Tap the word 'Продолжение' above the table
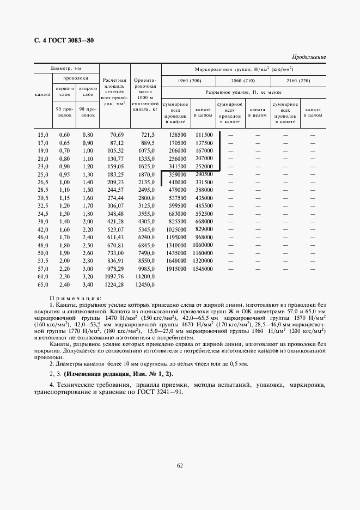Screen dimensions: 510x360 point(309,57)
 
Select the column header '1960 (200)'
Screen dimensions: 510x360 point(188,81)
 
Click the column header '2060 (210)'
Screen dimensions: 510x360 point(244,81)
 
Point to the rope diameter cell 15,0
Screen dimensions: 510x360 point(42,135)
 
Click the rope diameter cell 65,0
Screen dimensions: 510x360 point(42,284)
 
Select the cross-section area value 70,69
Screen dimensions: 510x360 point(117,135)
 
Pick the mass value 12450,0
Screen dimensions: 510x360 point(145,284)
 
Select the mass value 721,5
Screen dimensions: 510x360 point(148,135)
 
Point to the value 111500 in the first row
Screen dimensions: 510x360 point(204,135)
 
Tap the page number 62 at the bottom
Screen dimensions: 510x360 point(179,465)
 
